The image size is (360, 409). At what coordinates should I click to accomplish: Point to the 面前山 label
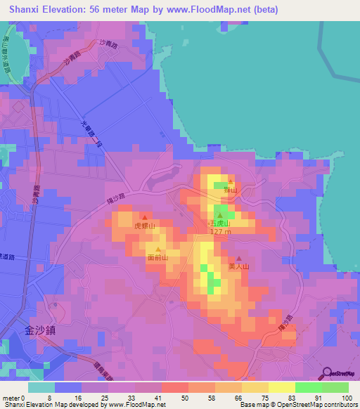click(157, 258)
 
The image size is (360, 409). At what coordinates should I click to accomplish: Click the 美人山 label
click(239, 267)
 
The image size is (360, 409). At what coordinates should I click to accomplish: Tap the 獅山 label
click(231, 190)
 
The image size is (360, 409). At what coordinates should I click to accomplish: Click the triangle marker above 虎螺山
click(144, 217)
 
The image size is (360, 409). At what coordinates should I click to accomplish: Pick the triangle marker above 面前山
click(158, 249)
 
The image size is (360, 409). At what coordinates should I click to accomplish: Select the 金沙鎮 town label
click(39, 330)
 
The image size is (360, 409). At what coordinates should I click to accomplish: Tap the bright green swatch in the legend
click(308, 387)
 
